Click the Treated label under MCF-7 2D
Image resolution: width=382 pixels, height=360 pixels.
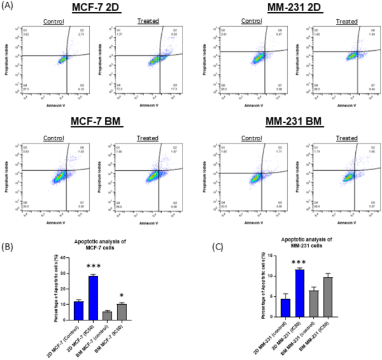coord(148,21)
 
